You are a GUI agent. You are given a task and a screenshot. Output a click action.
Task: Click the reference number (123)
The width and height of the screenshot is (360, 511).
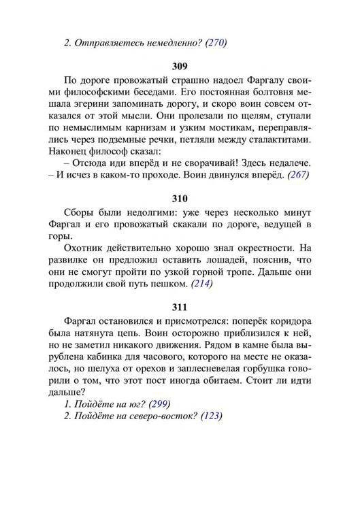210,416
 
